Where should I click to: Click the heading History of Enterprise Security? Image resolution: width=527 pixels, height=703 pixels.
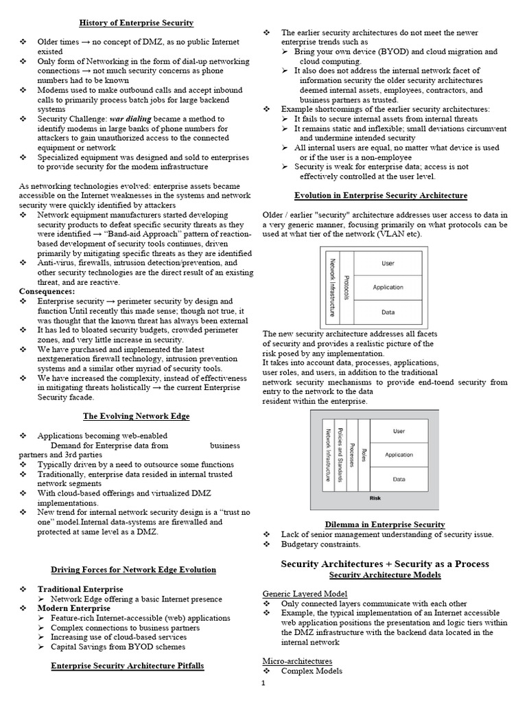[136, 23]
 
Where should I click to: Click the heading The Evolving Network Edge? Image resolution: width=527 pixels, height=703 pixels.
[136, 416]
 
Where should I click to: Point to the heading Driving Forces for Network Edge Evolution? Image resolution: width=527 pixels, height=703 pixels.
[133, 570]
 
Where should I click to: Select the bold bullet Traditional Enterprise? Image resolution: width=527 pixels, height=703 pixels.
[80, 589]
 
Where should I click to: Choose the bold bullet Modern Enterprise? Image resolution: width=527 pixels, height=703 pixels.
[73, 608]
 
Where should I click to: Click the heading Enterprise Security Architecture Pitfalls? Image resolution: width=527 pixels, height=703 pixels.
[128, 666]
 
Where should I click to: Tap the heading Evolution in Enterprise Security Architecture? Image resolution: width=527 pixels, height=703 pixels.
[381, 196]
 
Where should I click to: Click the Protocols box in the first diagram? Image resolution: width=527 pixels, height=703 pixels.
[347, 287]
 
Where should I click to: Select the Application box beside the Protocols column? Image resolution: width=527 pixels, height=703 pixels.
[388, 287]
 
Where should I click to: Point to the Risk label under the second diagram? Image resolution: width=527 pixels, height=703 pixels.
[375, 498]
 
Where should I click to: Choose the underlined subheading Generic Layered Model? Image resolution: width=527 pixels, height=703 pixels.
[305, 593]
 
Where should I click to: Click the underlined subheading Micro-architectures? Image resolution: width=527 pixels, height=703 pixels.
[297, 660]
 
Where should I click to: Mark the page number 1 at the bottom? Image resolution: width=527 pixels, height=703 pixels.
[261, 684]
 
